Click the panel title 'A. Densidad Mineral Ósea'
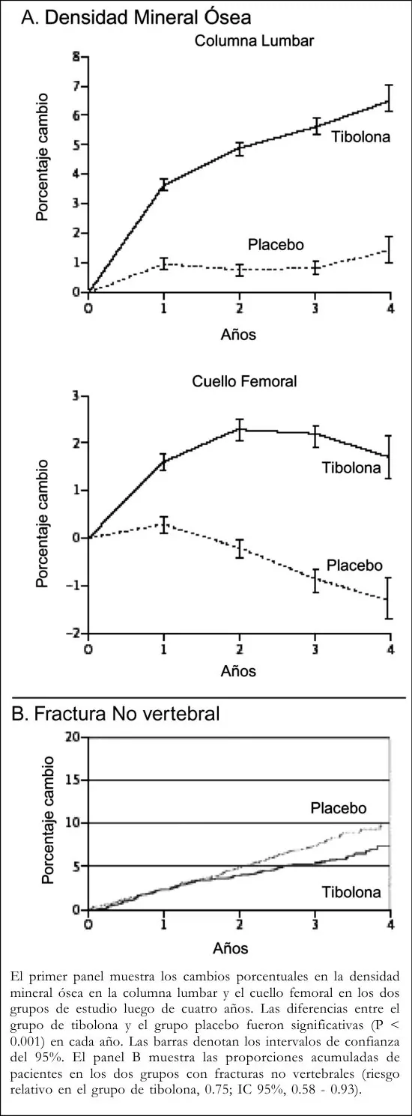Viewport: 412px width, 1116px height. tap(136, 18)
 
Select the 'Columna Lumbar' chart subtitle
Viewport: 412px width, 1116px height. tap(254, 41)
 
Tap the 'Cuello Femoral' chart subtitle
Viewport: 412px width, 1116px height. tap(244, 382)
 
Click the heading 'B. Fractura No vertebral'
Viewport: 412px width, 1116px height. tap(115, 714)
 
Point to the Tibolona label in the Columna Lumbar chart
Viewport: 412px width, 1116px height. tap(360, 136)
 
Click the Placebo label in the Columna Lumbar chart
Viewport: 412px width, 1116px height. tap(276, 245)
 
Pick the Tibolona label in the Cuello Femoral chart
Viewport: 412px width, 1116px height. tap(351, 468)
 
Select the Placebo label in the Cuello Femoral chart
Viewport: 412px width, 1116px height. tap(354, 565)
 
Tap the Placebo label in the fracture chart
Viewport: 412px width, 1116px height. tap(339, 808)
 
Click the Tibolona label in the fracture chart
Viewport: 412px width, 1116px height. tap(351, 892)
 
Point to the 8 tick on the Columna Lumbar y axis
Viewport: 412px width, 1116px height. tap(76, 57)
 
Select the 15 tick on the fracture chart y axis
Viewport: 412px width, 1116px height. tap(73, 780)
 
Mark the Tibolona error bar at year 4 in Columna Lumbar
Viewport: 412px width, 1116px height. tap(390, 98)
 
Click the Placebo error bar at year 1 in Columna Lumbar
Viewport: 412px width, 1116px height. tap(164, 264)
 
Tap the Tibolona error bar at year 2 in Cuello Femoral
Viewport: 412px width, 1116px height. tap(240, 430)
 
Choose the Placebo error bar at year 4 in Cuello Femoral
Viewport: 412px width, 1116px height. tap(389, 598)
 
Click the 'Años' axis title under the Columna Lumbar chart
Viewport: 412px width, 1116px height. tap(238, 334)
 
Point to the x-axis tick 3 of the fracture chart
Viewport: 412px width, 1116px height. tap(315, 925)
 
